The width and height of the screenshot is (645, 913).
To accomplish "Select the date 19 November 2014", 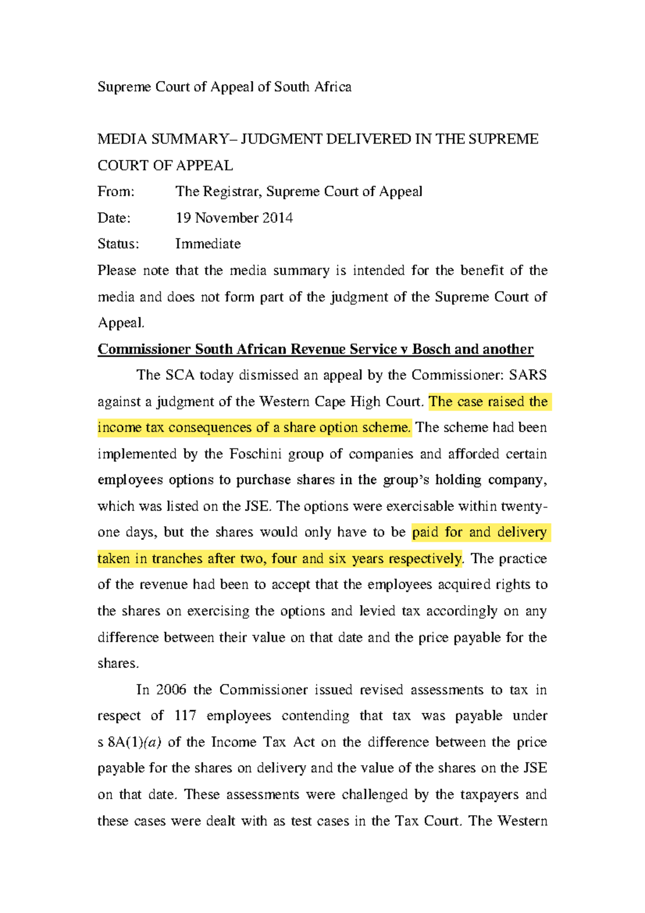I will (x=234, y=218).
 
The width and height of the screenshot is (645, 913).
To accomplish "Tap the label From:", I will (x=116, y=191).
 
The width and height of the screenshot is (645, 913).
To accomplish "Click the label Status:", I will (x=118, y=244).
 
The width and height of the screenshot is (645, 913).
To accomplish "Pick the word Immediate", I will (x=207, y=244).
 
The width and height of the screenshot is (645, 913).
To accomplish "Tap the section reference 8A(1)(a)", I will (x=134, y=743).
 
